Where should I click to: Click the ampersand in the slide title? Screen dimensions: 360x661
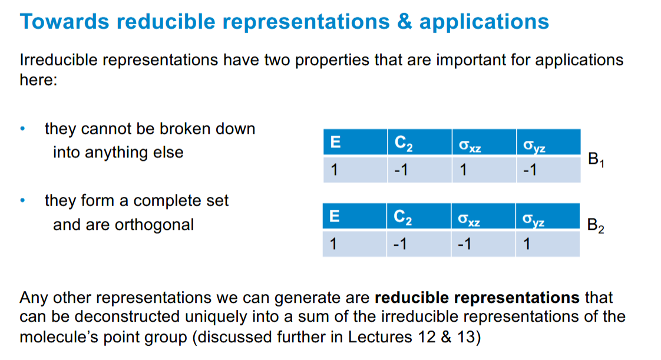pos(406,22)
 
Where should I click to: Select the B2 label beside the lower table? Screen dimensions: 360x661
pos(596,225)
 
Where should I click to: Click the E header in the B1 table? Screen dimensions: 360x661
pos(336,142)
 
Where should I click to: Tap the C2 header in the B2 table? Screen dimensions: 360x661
pos(403,217)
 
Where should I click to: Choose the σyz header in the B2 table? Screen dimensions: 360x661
pos(533,219)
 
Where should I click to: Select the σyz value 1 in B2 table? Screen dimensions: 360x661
pos(527,244)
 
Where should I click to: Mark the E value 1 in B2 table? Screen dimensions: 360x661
pos(334,244)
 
